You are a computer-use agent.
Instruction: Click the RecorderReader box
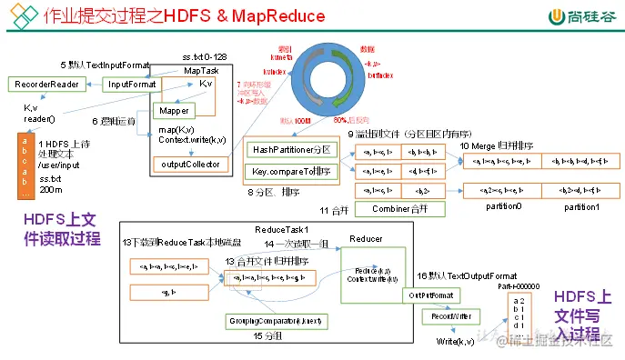tap(46, 85)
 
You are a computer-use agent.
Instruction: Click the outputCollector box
tap(181, 165)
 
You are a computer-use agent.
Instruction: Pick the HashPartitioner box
tap(291, 148)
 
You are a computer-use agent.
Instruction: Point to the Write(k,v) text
tap(455, 341)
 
